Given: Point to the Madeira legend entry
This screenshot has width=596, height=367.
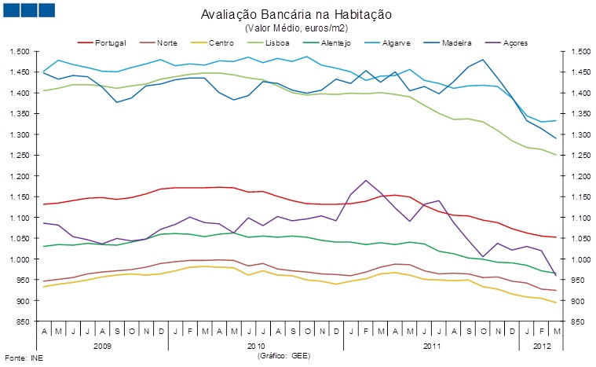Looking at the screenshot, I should [x=456, y=42].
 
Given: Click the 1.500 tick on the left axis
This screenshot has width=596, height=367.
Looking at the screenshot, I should [x=19, y=52].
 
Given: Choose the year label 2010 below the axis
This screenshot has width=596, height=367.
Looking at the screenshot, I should [x=256, y=345].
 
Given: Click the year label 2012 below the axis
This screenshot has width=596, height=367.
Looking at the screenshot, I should [x=540, y=345].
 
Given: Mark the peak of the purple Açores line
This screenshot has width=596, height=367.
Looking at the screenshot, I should [x=366, y=180].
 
